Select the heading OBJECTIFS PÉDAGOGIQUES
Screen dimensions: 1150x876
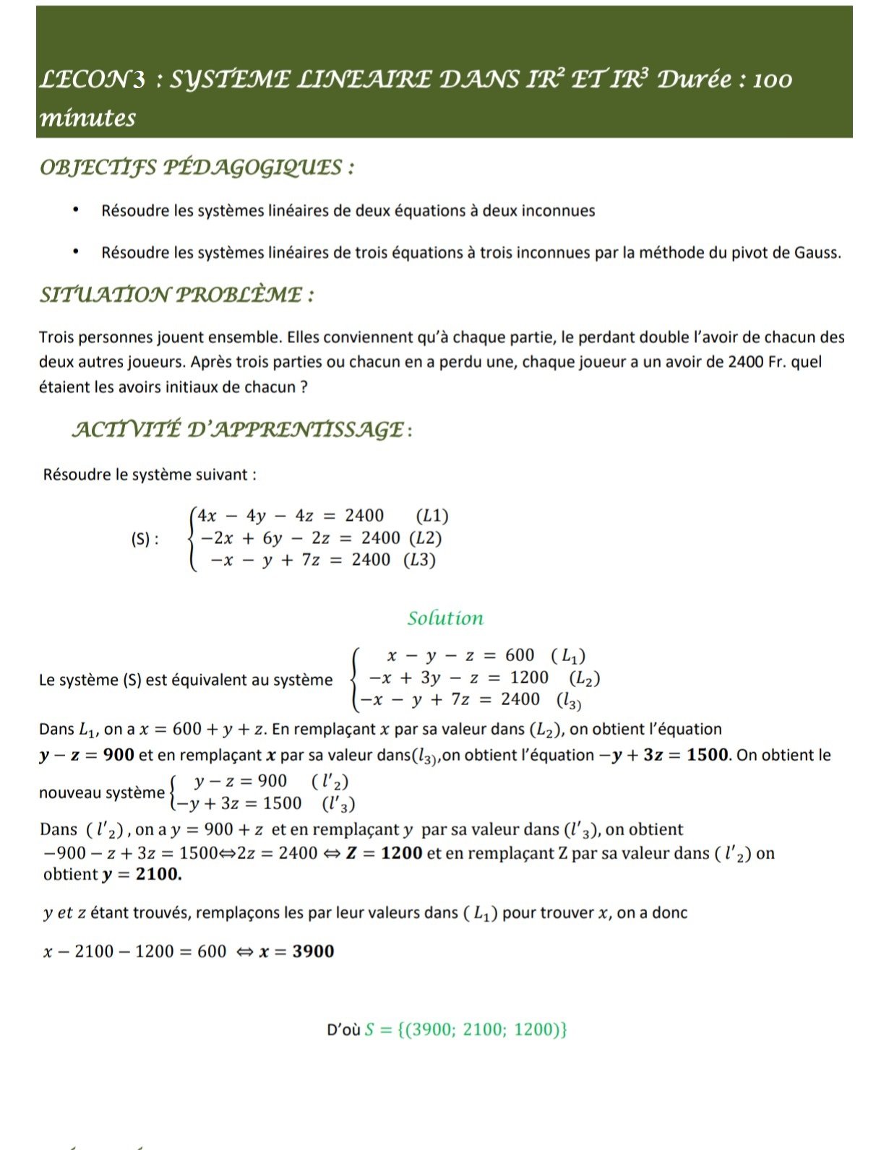[197, 168]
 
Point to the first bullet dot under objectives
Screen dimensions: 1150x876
[74, 210]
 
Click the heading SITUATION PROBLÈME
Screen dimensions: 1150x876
[176, 295]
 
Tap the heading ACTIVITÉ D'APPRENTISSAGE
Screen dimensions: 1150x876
[242, 429]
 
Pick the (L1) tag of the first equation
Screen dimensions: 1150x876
[432, 516]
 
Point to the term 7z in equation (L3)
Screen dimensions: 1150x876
[310, 560]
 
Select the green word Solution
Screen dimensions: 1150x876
[445, 618]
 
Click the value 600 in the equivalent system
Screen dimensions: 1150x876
[520, 655]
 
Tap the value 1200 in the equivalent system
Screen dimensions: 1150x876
[529, 678]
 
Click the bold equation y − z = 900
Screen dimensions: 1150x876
[87, 755]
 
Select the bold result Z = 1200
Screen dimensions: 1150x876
[384, 853]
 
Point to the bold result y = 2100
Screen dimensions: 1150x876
[142, 874]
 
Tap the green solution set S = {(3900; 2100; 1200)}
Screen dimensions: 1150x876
[465, 1029]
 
